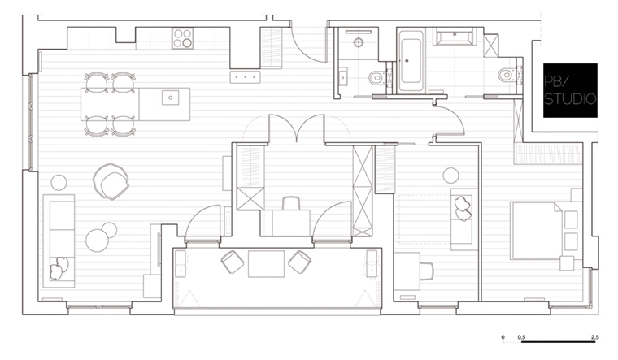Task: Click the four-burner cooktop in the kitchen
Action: click(183, 38)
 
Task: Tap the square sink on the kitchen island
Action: click(170, 98)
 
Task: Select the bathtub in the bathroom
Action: click(411, 61)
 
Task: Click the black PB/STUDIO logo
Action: click(570, 90)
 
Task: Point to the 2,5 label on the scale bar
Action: click(594, 337)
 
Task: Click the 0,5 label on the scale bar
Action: click(521, 337)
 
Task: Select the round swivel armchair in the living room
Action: click(111, 181)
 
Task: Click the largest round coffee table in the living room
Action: click(97, 241)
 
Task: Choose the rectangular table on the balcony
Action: click(266, 263)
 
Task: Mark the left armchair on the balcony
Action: click(233, 262)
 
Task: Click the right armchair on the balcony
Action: click(299, 262)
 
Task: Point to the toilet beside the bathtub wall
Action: click(377, 77)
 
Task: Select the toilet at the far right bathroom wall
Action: click(507, 75)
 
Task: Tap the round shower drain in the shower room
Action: click(359, 42)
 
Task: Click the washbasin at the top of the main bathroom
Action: click(455, 37)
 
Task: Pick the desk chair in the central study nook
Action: click(291, 204)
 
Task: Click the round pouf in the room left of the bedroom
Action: click(450, 176)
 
